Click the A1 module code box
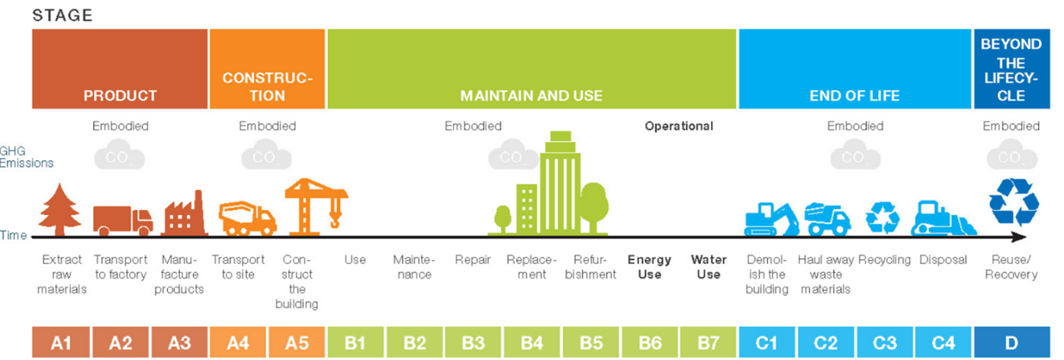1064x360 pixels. (61, 342)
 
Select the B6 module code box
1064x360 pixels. (650, 342)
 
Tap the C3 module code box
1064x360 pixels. (885, 342)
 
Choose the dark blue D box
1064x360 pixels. (1011, 342)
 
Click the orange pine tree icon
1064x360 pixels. (59, 210)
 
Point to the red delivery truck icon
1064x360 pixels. (123, 220)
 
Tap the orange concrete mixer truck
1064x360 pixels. (247, 218)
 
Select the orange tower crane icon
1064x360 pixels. (316, 207)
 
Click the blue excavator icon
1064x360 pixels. (771, 220)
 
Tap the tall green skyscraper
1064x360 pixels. (561, 183)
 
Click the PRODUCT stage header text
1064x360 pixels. (121, 96)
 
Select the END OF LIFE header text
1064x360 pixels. (854, 96)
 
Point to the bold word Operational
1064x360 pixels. (679, 126)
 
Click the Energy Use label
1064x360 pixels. (649, 267)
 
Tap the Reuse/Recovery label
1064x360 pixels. (1011, 267)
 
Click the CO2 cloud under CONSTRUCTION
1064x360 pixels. (266, 155)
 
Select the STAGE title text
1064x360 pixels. (63, 15)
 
